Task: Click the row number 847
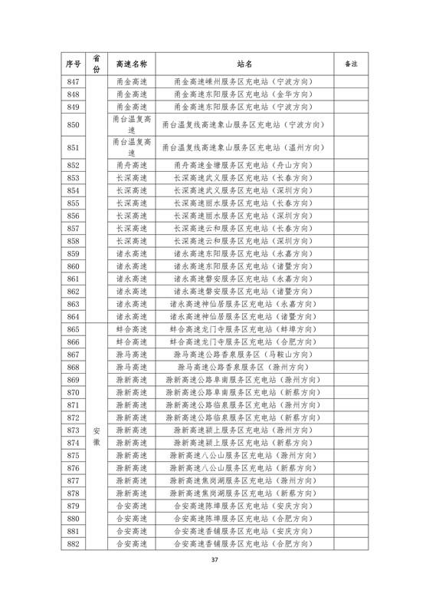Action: pos(73,82)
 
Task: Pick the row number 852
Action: pos(73,165)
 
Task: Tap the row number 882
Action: pos(73,566)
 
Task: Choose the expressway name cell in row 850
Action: pos(131,125)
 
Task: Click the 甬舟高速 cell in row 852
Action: pos(131,165)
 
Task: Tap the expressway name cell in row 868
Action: pos(131,368)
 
